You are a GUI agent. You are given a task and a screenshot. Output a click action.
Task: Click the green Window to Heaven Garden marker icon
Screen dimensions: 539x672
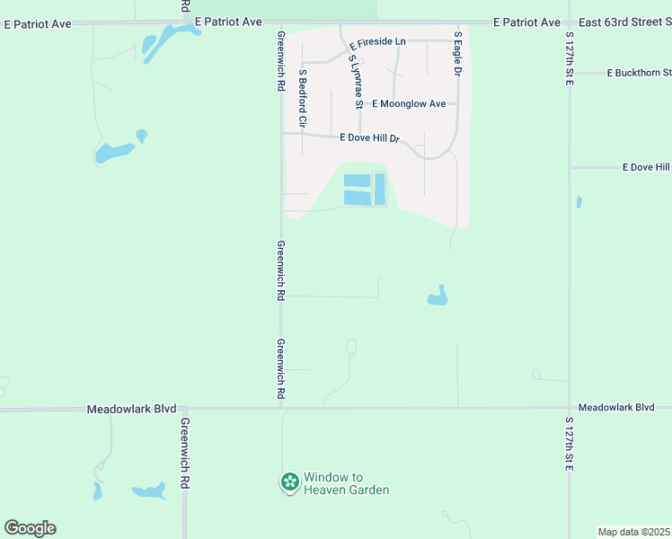(290, 483)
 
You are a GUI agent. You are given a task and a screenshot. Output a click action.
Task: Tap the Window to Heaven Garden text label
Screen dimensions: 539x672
(346, 483)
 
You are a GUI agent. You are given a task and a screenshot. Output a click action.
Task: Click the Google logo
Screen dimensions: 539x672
(30, 528)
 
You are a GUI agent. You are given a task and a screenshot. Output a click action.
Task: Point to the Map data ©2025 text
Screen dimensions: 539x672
(633, 532)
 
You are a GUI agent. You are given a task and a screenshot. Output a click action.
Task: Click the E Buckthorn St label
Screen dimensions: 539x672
(639, 73)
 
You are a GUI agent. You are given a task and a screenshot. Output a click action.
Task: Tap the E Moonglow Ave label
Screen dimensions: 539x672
(409, 104)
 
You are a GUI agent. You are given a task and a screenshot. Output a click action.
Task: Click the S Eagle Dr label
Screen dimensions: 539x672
(457, 53)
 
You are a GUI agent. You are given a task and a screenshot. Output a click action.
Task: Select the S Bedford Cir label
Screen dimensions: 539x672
(303, 97)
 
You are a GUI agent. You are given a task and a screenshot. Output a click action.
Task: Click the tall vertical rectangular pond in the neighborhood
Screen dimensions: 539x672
(379, 189)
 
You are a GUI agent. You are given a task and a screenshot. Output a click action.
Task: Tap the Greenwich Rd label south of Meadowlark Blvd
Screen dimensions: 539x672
(184, 453)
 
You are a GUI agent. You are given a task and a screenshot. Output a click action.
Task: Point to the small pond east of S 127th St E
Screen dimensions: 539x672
(579, 201)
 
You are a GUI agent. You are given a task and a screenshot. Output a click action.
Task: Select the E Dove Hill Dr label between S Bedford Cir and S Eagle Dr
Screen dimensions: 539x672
(369, 138)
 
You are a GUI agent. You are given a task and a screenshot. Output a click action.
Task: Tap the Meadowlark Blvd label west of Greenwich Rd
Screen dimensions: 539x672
(131, 409)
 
